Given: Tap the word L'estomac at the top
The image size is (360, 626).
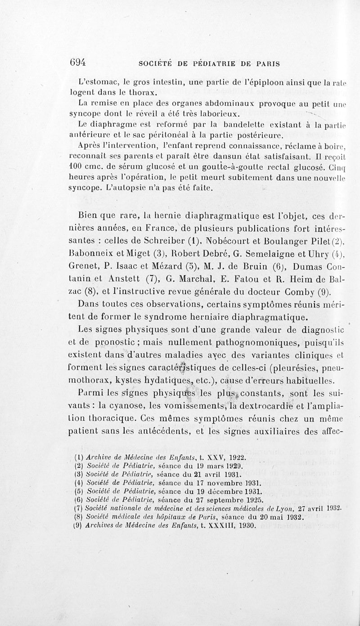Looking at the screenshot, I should [95, 82].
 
